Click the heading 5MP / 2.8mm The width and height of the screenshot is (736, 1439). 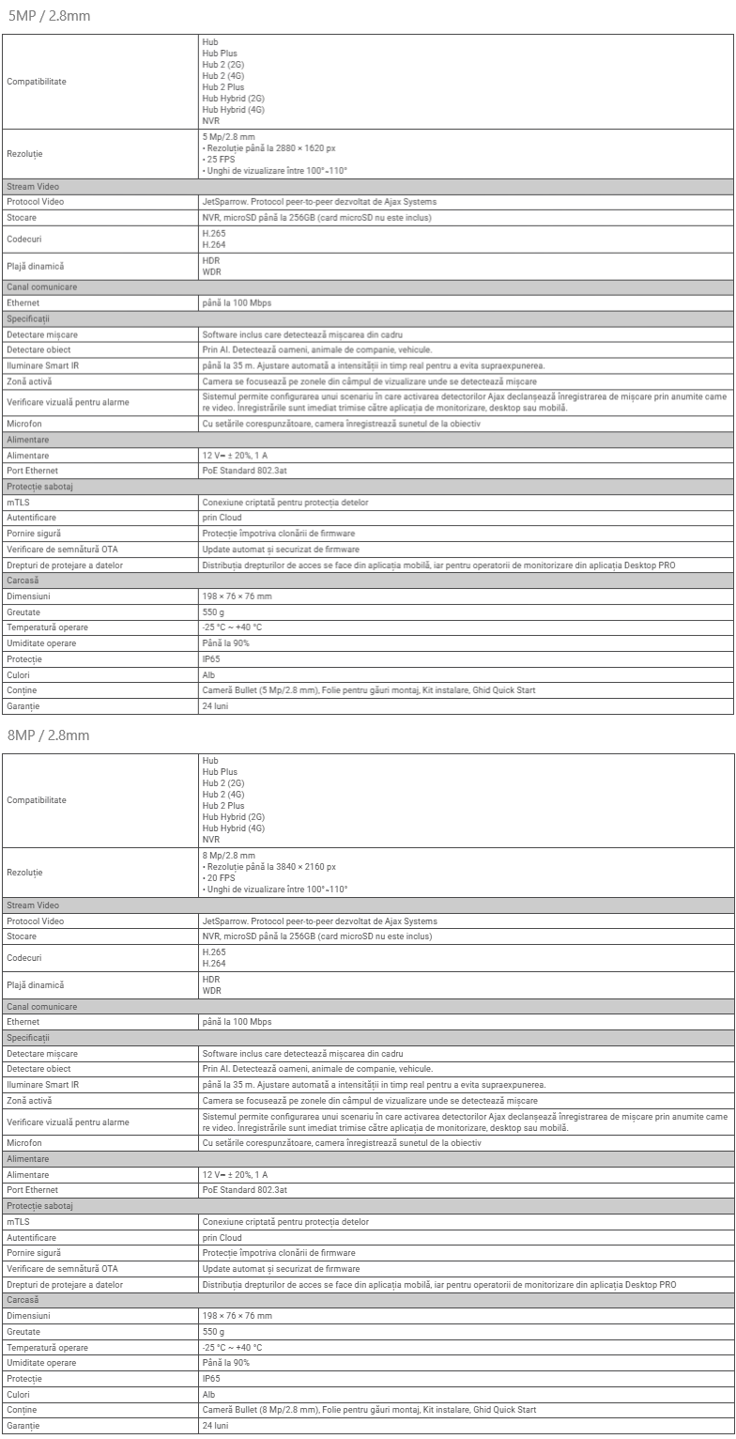(48, 16)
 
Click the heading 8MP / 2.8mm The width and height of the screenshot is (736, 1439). (48, 735)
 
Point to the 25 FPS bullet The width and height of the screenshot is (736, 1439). (222, 159)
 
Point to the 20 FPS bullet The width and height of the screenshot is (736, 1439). (222, 878)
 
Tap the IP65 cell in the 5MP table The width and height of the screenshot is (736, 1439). (211, 659)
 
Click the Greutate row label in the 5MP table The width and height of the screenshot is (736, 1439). (23, 611)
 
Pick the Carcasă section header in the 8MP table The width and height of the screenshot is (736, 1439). (23, 1299)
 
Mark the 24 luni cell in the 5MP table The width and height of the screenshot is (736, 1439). (215, 705)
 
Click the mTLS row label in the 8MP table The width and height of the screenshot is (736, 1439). (19, 1222)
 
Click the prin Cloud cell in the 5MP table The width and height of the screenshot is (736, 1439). (222, 518)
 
